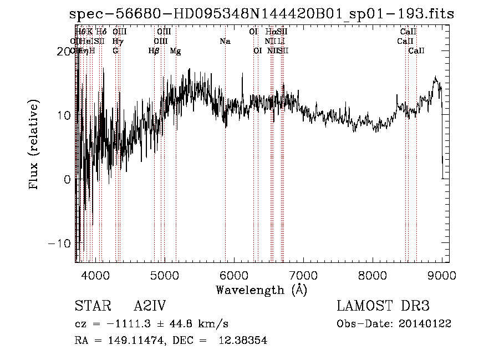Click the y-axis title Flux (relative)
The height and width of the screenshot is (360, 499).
[x=34, y=145]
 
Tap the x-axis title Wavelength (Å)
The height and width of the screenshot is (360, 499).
[x=261, y=290]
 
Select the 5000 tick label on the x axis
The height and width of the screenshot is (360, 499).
[x=165, y=275]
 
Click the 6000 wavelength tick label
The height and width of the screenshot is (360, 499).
[x=234, y=275]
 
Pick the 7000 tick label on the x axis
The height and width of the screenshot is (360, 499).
[x=303, y=275]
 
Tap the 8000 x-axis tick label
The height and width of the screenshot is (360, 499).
[x=373, y=275]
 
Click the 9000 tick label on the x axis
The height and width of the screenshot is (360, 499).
[x=442, y=275]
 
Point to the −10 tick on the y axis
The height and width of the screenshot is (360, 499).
[x=60, y=244]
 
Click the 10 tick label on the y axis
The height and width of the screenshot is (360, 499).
[x=63, y=115]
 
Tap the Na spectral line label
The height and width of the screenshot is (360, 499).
[x=225, y=41]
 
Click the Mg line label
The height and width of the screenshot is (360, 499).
[x=175, y=51]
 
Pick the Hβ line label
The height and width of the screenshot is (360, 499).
[x=154, y=51]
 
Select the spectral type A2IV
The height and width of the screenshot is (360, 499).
[x=150, y=306]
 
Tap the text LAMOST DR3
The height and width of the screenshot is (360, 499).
[x=383, y=306]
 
